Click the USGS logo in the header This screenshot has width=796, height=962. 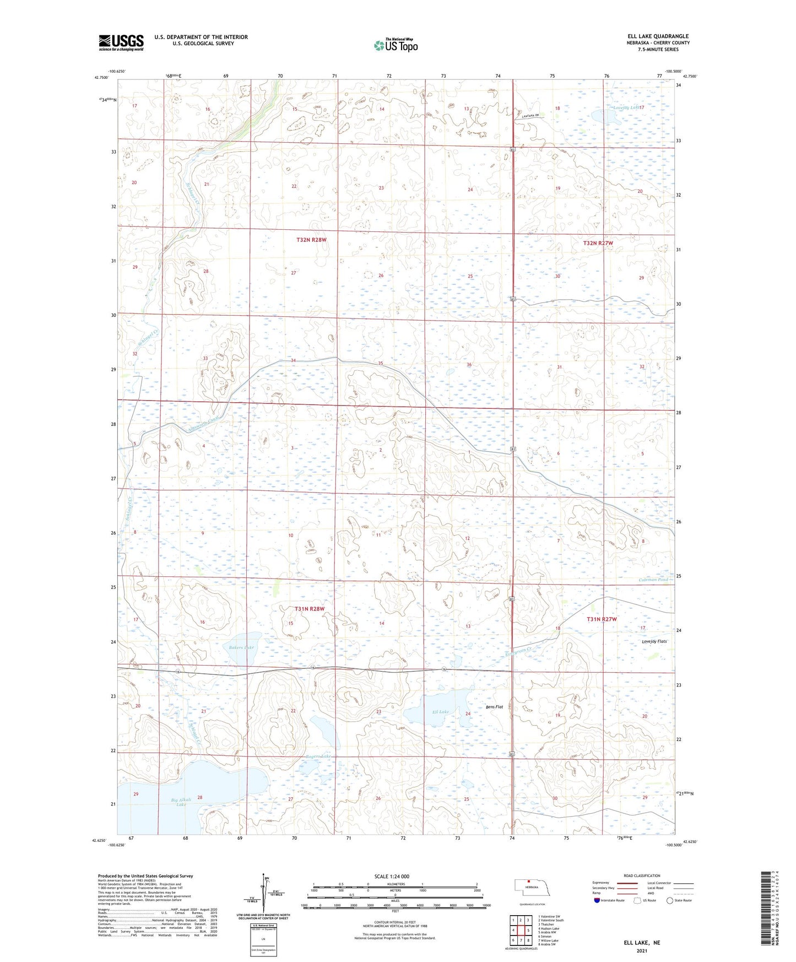pos(121,42)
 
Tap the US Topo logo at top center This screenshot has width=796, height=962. pos(395,45)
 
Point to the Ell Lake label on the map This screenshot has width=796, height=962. pos(440,712)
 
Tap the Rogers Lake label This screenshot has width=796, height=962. pos(319,756)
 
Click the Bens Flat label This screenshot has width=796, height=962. pos(494,707)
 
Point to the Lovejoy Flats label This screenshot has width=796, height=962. pos(654,641)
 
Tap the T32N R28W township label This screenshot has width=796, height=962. pos(311,240)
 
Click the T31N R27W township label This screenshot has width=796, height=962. pos(602,619)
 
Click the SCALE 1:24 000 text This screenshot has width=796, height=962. pos(392,876)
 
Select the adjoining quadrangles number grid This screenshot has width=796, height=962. pos(520,930)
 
